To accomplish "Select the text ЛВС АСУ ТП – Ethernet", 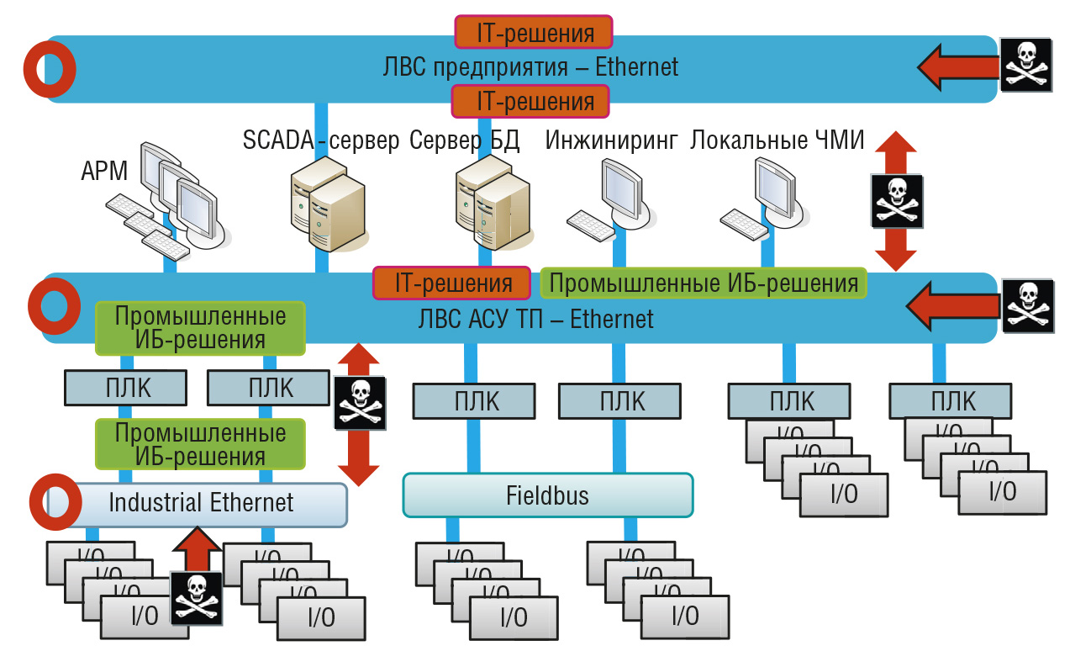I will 535,319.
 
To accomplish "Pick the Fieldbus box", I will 548,495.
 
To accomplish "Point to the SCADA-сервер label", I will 321,140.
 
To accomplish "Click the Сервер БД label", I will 465,140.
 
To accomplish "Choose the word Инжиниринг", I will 611,140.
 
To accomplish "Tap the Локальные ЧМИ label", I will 777,140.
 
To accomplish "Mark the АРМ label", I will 104,171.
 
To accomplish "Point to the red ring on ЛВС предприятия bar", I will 49,68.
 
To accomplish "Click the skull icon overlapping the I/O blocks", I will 197,598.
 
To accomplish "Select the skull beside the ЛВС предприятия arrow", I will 1026,65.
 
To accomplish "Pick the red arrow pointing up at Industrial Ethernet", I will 197,549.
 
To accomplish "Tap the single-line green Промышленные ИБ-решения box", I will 703,283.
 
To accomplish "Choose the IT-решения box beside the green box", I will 451,283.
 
